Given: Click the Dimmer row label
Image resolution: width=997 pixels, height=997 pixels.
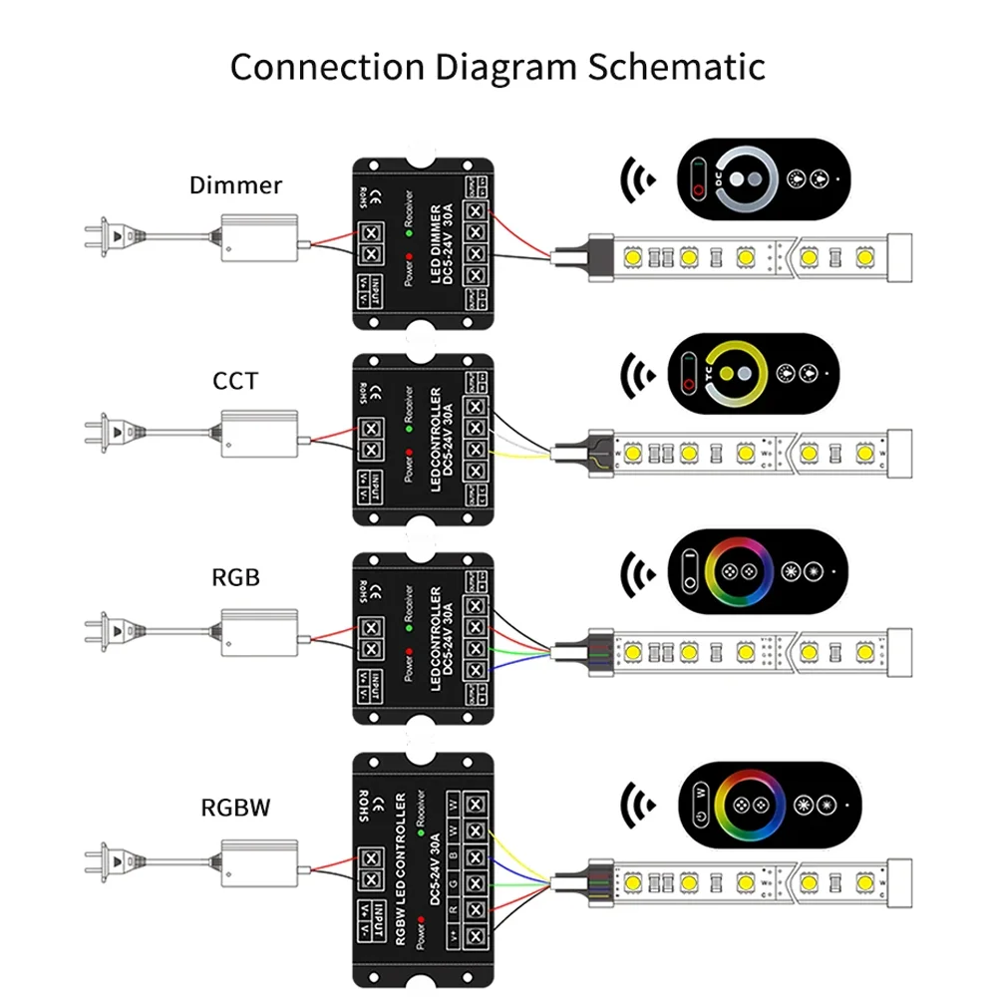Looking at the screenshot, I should [235, 185].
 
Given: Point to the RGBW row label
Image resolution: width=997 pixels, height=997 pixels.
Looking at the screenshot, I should [235, 807].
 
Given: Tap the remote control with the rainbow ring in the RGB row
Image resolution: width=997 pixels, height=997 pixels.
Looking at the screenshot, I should [763, 574].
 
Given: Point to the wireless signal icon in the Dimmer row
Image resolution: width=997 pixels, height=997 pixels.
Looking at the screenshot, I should [635, 180].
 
